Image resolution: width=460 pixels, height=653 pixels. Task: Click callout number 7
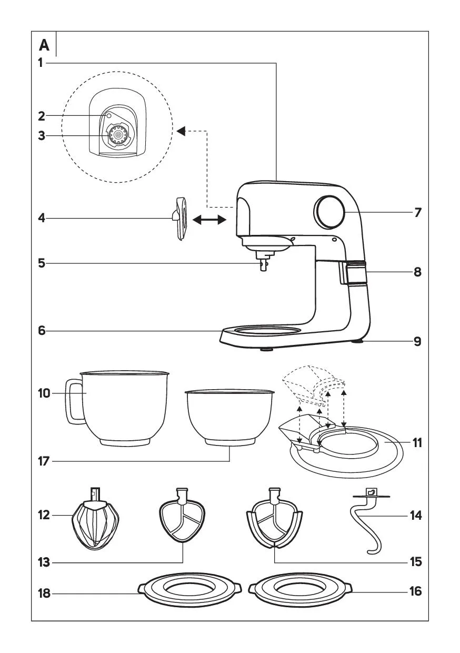(x=417, y=213)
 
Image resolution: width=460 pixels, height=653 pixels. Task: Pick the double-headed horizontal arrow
(x=209, y=221)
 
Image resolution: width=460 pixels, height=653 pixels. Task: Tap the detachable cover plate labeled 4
(x=181, y=218)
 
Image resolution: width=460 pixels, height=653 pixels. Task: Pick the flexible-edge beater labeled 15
(x=273, y=519)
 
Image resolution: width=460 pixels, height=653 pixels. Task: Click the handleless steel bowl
(x=230, y=416)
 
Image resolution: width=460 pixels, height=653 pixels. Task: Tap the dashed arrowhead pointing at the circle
(x=181, y=131)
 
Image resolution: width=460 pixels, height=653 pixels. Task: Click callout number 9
(x=417, y=341)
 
